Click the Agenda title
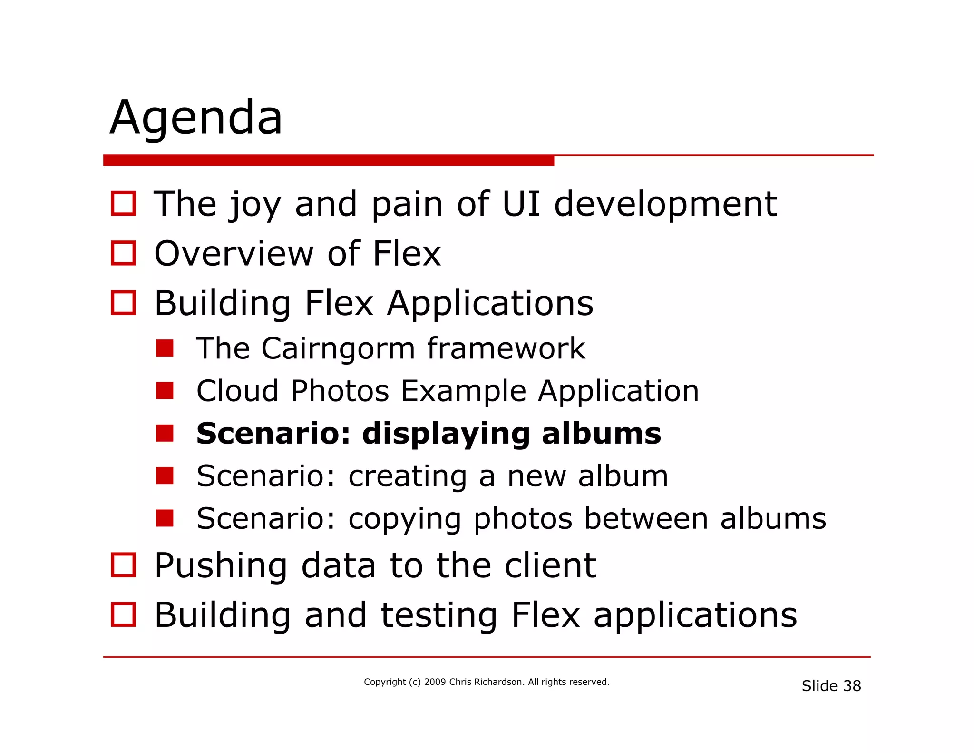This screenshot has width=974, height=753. click(x=196, y=118)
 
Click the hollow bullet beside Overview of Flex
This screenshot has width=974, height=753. click(x=123, y=253)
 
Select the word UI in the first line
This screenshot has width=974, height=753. click(x=521, y=204)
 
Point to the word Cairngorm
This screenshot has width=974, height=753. click(x=338, y=349)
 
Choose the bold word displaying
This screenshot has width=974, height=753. click(x=446, y=434)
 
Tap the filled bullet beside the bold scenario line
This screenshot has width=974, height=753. click(x=165, y=433)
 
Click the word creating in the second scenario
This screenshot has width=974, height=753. click(x=408, y=476)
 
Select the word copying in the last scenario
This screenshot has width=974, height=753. click(x=405, y=519)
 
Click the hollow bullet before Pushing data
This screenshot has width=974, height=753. click(x=123, y=565)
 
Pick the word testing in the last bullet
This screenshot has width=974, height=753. click(x=438, y=616)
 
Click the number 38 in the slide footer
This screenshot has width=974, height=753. click(x=852, y=686)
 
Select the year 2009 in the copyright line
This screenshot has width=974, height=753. click(x=435, y=682)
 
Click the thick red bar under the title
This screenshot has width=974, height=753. click(x=328, y=160)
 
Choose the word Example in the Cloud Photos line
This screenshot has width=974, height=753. click(x=463, y=391)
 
